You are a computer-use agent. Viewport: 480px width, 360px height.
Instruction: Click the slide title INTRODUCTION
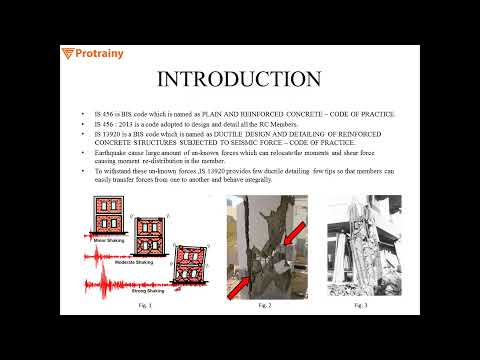pos(240,79)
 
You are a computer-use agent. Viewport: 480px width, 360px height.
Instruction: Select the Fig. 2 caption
pos(265,306)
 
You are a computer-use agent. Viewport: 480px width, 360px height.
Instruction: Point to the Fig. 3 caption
pos(362,306)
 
